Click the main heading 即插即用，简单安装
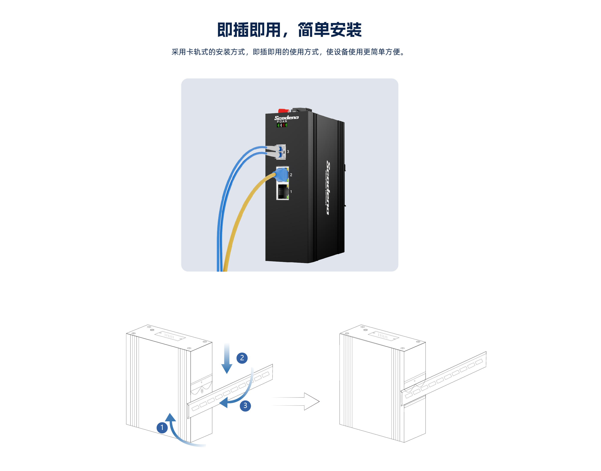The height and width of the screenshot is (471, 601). (289, 30)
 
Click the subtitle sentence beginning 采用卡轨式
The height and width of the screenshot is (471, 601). (288, 52)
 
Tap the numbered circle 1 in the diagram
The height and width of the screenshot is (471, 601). (162, 427)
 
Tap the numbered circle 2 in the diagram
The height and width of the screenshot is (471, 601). (242, 358)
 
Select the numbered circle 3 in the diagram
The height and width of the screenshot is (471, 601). (245, 406)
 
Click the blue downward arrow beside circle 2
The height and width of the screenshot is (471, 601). (227, 359)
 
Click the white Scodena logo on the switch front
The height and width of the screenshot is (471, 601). (286, 118)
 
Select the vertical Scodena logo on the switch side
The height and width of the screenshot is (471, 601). (328, 187)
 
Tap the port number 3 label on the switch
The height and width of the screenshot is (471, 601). (288, 152)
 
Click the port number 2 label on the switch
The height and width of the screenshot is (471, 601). (291, 175)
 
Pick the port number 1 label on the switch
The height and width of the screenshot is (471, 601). (291, 192)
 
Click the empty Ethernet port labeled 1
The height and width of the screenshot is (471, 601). (282, 191)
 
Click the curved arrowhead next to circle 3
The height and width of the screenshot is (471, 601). (224, 402)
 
